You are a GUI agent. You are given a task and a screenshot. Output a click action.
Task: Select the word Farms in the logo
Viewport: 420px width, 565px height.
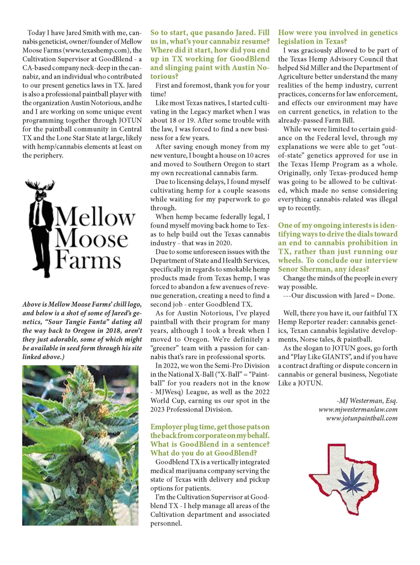88,260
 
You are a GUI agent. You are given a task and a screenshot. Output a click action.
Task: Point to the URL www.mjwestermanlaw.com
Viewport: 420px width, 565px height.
358,409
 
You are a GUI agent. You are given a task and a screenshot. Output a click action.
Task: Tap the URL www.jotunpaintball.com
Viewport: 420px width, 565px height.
362,418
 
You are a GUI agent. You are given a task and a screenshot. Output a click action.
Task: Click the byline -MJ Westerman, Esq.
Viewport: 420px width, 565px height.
366,401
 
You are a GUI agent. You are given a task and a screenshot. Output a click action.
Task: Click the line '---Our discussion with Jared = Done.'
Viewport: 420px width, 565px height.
339,296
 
